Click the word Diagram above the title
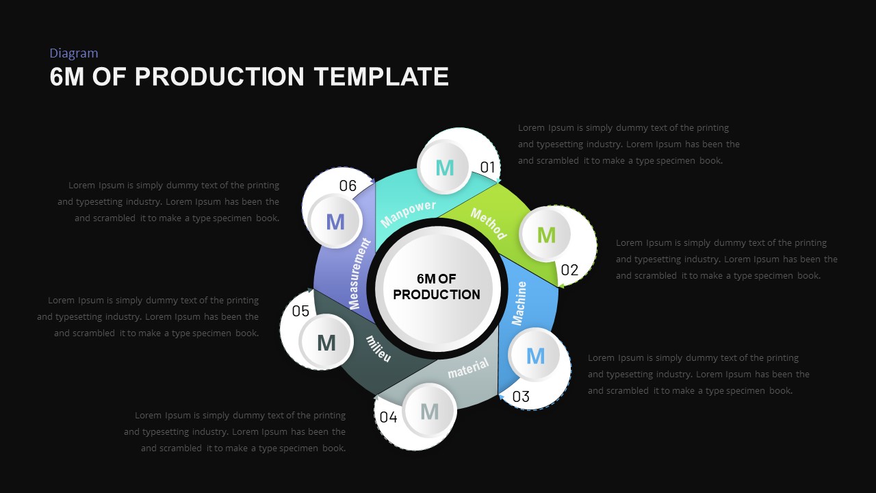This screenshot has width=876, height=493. pos(74,53)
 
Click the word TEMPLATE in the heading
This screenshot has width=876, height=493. pos(381,77)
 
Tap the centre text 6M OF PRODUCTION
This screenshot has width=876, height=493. pos(437,287)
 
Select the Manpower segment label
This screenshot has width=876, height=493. pos(409,214)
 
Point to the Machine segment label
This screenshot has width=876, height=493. pos(519,303)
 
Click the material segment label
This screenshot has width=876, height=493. pos(468,369)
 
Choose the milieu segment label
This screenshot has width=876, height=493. pos(378,349)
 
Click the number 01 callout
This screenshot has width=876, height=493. pos(487,167)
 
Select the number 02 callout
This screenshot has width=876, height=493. pos(569,270)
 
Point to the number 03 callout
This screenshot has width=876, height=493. pos(521,396)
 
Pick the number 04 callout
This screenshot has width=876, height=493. pos(388,417)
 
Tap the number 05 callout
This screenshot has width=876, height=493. pos(300,312)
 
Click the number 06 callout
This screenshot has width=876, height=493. pos(348,186)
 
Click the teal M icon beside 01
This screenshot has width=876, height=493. pos(445,167)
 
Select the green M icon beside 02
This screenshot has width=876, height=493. pos(546,235)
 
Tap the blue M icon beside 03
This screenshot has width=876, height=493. pos(535,355)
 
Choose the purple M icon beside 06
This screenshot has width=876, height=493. pos(335,221)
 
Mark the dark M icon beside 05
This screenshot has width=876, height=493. pos(326,342)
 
